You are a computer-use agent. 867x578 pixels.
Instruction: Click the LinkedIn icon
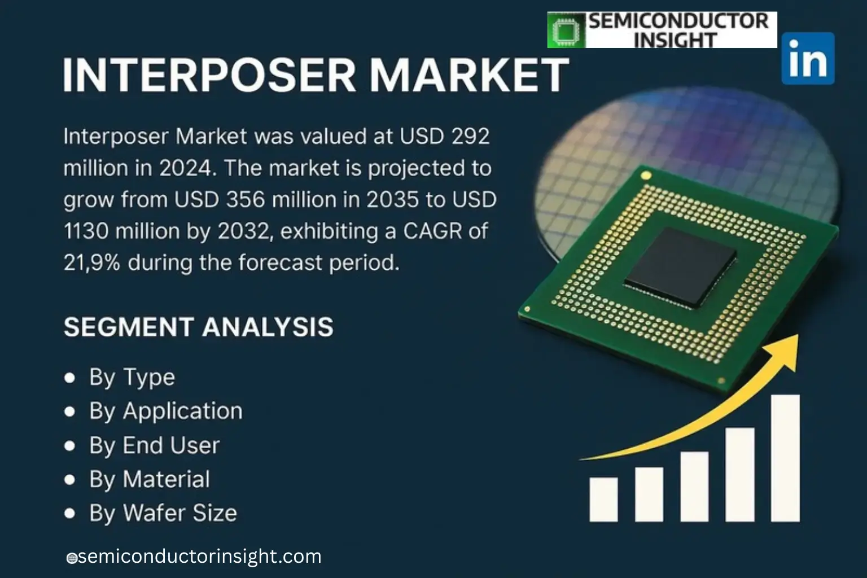coord(808,58)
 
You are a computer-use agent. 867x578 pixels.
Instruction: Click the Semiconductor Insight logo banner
coord(662,30)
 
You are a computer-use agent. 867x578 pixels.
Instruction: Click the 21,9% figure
coord(91,263)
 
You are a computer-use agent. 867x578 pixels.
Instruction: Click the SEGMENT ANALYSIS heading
coord(198,327)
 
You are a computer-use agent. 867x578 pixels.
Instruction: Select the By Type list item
coord(132,377)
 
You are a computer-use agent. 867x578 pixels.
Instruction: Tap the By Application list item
coord(165,411)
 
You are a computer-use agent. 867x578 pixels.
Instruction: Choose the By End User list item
coord(154,445)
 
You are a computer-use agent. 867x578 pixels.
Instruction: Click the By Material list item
coord(149,479)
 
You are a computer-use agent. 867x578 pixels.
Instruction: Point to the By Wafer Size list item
coord(163,513)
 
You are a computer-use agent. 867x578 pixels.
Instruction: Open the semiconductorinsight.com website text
coord(199,557)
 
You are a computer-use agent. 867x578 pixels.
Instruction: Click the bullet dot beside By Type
coord(70,378)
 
